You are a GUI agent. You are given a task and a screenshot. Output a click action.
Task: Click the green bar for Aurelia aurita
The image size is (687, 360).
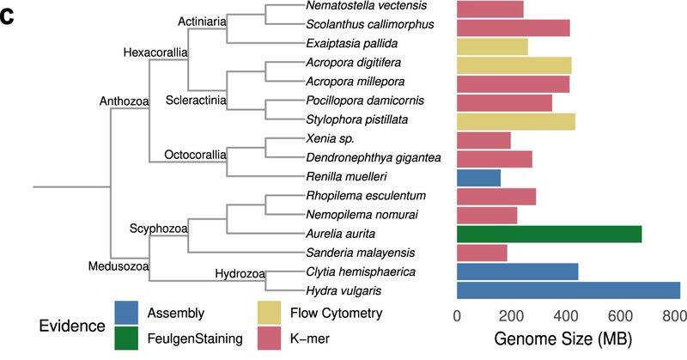[x=549, y=234]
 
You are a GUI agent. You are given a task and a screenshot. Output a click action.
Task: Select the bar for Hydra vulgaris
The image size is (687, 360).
[x=568, y=290]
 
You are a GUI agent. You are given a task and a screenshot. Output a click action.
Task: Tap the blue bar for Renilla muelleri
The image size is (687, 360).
[x=478, y=177]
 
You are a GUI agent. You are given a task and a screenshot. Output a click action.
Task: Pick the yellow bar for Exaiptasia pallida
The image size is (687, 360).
[x=492, y=46]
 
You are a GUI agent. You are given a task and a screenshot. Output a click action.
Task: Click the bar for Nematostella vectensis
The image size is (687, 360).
[x=489, y=9]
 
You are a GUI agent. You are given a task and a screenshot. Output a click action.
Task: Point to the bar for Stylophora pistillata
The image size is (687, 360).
[x=515, y=121]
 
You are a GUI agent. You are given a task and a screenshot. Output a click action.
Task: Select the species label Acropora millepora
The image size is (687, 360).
[x=353, y=82]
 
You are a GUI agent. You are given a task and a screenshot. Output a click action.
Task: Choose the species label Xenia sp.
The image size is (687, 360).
[x=330, y=139]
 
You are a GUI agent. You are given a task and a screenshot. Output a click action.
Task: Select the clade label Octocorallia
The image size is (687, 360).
[x=194, y=155]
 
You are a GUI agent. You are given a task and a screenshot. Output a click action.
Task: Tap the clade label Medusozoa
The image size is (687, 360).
[x=119, y=267]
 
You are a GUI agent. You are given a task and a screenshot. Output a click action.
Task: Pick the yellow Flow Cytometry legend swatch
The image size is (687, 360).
[x=271, y=313]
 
